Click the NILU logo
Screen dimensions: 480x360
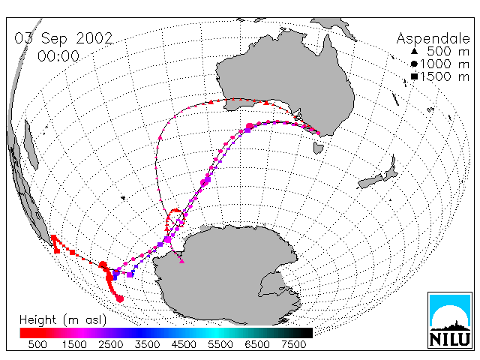click(450, 320)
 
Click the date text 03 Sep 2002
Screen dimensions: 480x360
click(64, 38)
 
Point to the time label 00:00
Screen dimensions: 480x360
click(58, 56)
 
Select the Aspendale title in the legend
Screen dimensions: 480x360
click(433, 38)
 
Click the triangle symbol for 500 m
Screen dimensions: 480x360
click(414, 51)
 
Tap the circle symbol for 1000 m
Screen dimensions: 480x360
click(414, 64)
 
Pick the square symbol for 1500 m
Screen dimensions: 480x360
click(414, 76)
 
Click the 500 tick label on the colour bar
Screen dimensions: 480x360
click(37, 344)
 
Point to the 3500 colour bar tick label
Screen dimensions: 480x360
click(147, 344)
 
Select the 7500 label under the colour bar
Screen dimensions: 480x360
click(293, 344)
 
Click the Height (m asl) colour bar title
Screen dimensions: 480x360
click(63, 320)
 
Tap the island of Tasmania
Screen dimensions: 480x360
click(318, 148)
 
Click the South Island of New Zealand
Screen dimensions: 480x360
click(370, 182)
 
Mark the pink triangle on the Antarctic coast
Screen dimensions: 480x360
click(181, 261)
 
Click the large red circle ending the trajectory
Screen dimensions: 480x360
click(120, 298)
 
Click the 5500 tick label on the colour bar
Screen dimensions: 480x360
click(220, 344)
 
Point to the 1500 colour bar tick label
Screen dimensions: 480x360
click(74, 344)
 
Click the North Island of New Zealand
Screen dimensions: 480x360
click(391, 170)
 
